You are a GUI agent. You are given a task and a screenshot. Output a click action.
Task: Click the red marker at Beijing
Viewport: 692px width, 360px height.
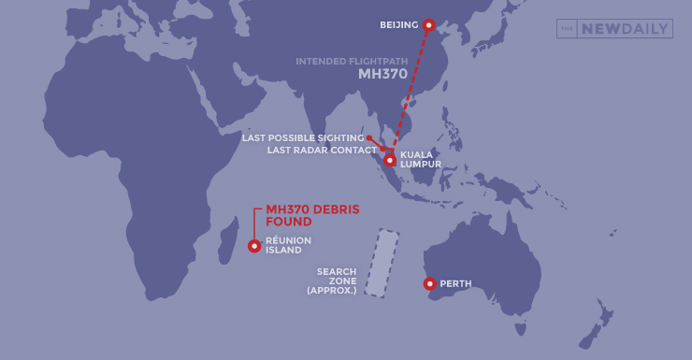(428, 25)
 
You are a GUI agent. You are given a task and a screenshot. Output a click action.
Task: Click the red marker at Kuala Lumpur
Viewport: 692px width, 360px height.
(389, 160)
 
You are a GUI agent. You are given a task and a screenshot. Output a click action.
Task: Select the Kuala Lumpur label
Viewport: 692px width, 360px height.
(416, 159)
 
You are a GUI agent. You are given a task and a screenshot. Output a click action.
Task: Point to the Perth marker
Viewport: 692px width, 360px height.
(429, 283)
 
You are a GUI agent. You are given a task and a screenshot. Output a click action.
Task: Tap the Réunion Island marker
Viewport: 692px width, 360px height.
(254, 246)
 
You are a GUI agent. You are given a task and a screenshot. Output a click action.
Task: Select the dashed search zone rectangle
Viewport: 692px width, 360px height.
(382, 263)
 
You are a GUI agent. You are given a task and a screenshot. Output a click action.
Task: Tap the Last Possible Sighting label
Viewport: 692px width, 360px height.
(302, 138)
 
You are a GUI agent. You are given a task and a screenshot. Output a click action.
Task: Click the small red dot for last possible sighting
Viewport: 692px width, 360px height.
(369, 138)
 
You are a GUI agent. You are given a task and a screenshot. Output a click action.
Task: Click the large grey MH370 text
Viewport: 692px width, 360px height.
(382, 74)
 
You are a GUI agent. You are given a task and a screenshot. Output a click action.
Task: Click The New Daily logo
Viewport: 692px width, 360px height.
(614, 29)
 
